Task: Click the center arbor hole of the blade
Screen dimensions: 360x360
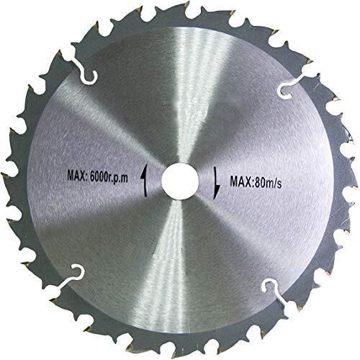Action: (x=176, y=179)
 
